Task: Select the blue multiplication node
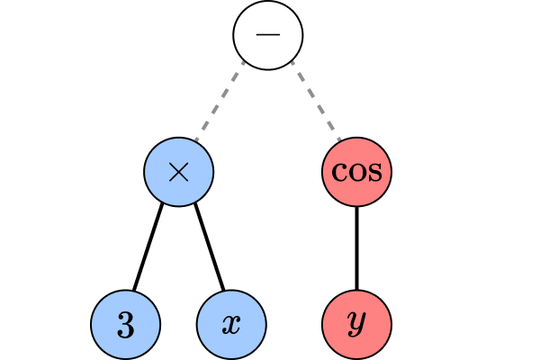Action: pyautogui.click(x=178, y=171)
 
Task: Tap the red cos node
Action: pyautogui.click(x=357, y=171)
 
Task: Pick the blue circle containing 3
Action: pyautogui.click(x=126, y=324)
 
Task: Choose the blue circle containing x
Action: pyautogui.click(x=231, y=324)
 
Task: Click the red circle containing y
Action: pyautogui.click(x=357, y=324)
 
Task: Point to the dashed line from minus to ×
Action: pyautogui.click(x=221, y=101)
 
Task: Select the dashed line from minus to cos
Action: pyautogui.click(x=314, y=101)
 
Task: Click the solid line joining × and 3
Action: pyautogui.click(x=148, y=247)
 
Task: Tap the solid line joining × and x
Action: pyautogui.click(x=208, y=247)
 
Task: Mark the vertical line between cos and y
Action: pyautogui.click(x=357, y=247)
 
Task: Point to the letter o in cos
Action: pyautogui.click(x=356, y=172)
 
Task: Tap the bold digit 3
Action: pyautogui.click(x=126, y=325)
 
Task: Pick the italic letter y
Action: pyautogui.click(x=357, y=326)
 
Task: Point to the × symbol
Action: pyautogui.click(x=178, y=172)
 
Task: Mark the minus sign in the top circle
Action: pyautogui.click(x=268, y=34)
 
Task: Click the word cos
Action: pyautogui.click(x=357, y=172)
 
